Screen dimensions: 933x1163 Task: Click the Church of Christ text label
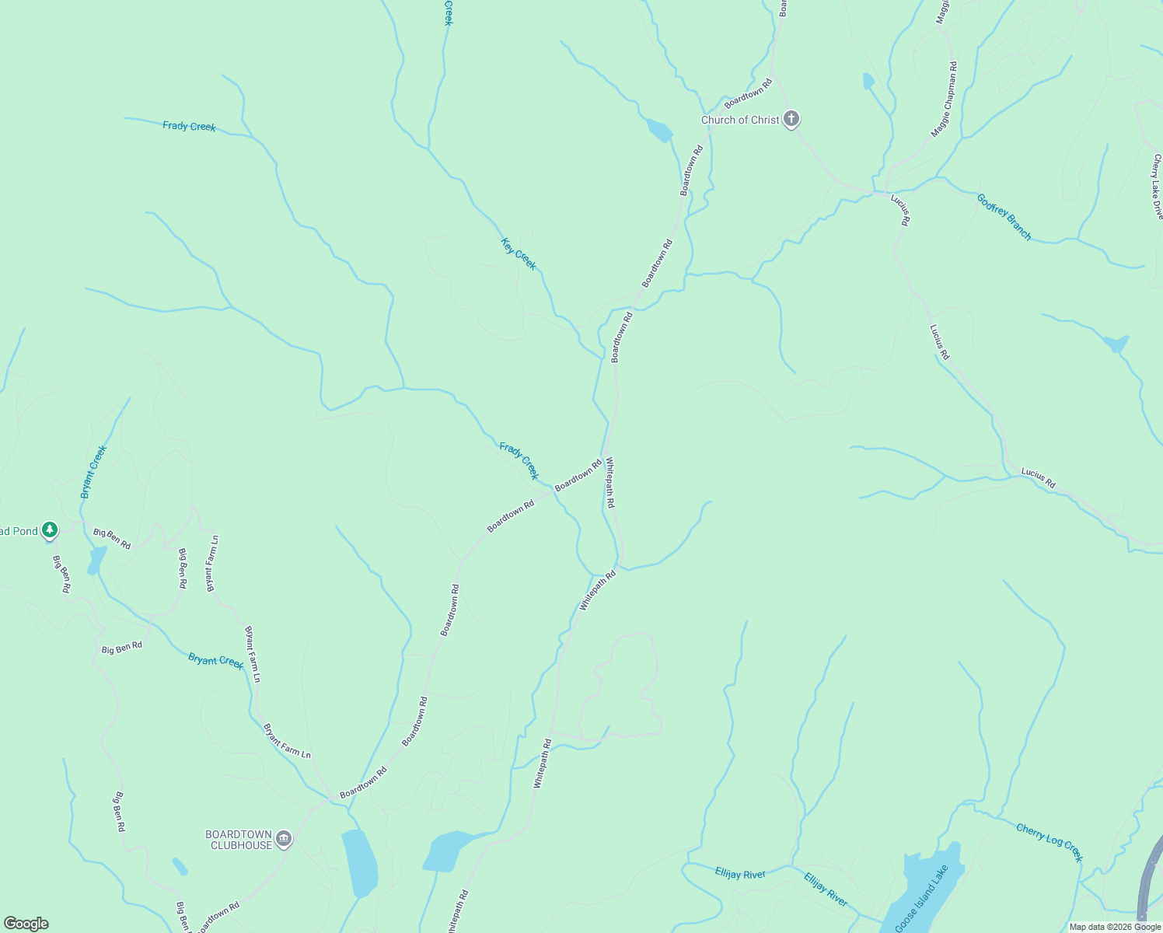[739, 120]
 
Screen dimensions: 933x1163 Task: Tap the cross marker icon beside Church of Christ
[791, 119]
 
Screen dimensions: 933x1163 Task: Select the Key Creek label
[519, 253]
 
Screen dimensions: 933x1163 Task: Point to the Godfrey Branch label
[1004, 217]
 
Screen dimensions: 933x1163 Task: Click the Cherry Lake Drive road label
[1158, 187]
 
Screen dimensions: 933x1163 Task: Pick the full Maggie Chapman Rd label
[945, 100]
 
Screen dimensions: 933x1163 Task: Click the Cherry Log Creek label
[1049, 843]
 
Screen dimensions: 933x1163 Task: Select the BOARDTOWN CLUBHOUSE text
[239, 840]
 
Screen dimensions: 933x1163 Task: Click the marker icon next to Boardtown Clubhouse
[284, 839]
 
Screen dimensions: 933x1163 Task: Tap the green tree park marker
[50, 530]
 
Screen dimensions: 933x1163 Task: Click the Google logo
[26, 924]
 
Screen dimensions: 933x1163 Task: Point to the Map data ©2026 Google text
[1115, 927]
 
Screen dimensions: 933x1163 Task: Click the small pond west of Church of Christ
[659, 130]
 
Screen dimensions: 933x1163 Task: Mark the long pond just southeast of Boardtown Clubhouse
[359, 861]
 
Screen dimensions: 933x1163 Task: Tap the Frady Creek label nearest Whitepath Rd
[519, 461]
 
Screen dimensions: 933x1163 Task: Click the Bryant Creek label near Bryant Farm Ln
[215, 660]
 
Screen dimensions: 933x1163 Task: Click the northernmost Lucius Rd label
[900, 209]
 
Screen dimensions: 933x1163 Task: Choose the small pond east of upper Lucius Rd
[1116, 343]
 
